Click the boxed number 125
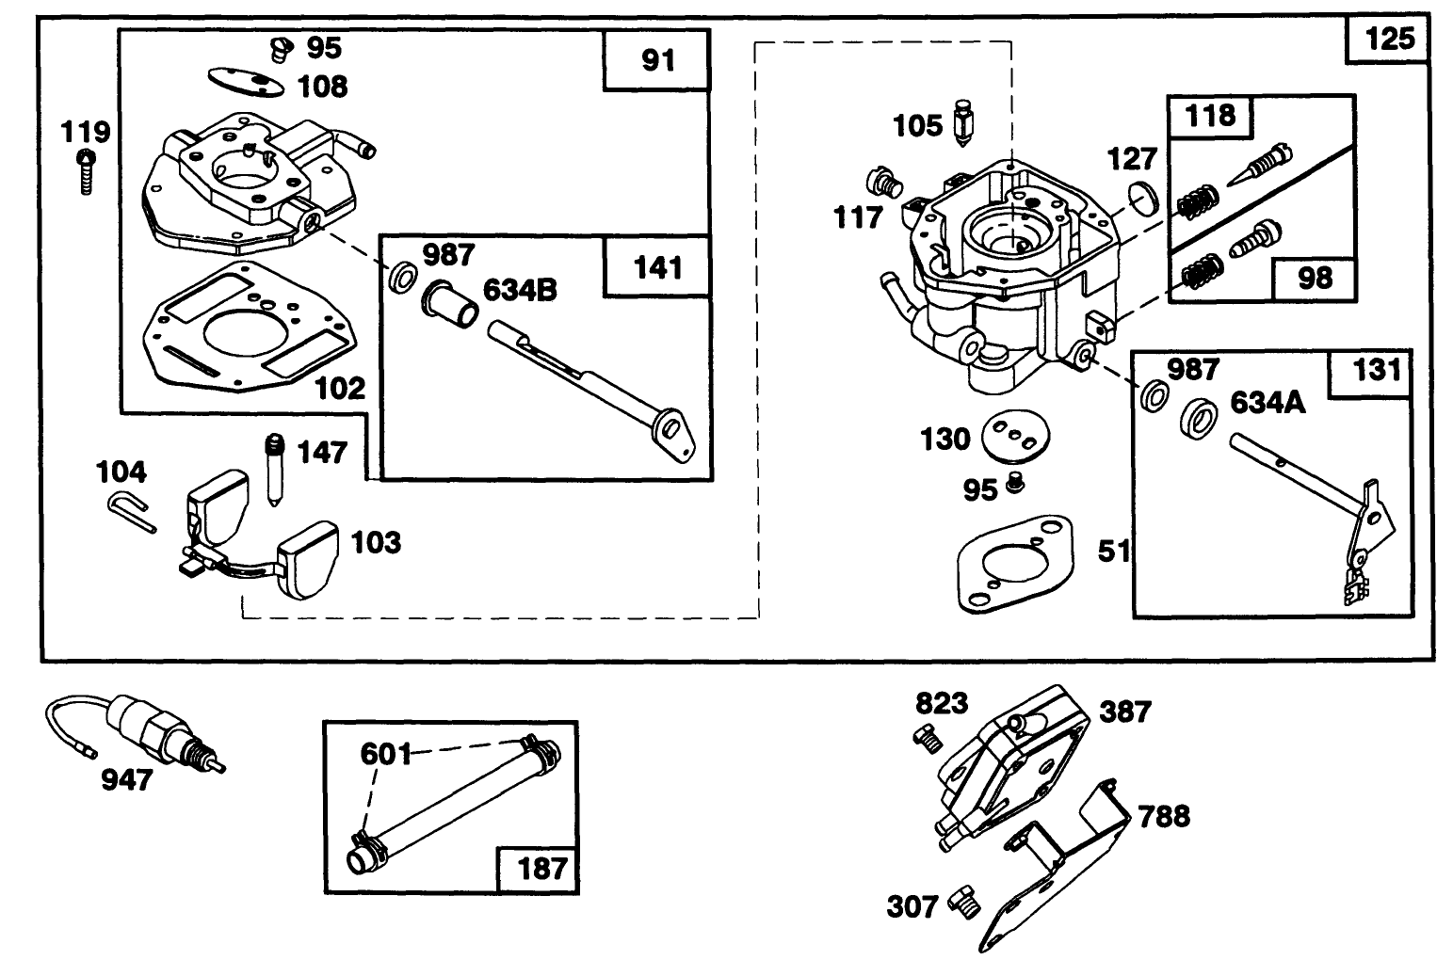1390,40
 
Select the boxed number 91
657,61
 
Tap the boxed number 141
657,268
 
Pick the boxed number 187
540,867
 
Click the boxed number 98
1315,278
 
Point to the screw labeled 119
86,170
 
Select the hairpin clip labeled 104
129,512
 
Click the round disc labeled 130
1015,436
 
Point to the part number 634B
520,289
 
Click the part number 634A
1267,403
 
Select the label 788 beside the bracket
1164,815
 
